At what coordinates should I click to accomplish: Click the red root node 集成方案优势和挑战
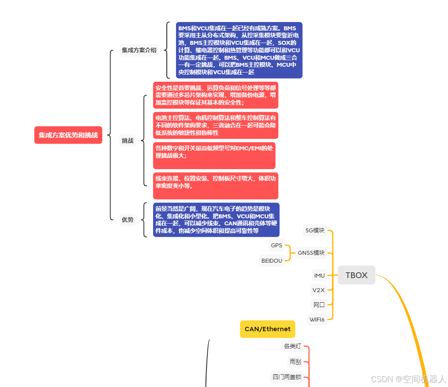68,135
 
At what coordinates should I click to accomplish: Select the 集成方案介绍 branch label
139,50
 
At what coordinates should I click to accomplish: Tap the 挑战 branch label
128,141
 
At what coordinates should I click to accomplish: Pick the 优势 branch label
128,220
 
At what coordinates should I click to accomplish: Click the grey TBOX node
356,275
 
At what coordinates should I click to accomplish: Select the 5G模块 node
315,230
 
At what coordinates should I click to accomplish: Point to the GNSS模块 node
311,253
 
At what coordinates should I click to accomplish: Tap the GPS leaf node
276,245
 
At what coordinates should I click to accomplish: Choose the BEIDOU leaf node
272,260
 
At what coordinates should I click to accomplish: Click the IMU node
319,275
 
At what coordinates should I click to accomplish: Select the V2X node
318,290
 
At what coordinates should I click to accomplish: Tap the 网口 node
319,304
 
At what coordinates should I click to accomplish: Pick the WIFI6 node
317,319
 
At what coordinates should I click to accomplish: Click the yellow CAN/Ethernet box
268,329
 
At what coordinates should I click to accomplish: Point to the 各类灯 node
293,346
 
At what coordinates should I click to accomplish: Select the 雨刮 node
295,362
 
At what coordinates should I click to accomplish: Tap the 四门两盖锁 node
287,377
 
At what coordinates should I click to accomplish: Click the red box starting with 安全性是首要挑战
216,95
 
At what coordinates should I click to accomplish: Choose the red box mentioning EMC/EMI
214,156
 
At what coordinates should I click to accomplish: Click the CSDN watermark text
408,379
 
